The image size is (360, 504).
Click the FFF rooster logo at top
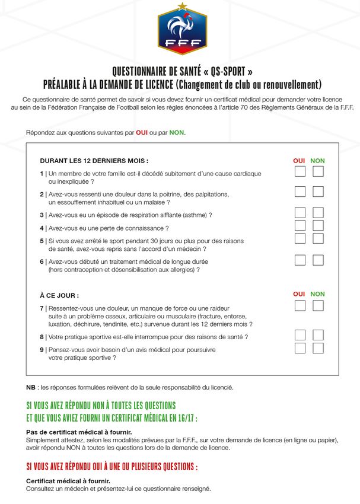(182, 29)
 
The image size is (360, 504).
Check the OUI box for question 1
(300, 171)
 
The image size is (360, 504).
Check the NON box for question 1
(318, 171)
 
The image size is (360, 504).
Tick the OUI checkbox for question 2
(300, 192)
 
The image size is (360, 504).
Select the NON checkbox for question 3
(318, 213)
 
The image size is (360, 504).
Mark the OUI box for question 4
(300, 225)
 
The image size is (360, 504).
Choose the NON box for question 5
(318, 238)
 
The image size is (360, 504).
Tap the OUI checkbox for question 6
(300, 260)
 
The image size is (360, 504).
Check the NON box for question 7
(318, 306)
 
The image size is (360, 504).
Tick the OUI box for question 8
(300, 335)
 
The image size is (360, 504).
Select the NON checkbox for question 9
(318, 348)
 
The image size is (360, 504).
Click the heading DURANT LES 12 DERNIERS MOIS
(94, 161)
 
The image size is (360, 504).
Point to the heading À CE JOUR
(59, 295)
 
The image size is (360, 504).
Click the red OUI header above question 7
(299, 294)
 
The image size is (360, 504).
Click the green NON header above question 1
(318, 161)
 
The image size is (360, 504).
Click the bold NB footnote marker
(31, 387)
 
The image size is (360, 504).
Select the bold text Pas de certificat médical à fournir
(79, 432)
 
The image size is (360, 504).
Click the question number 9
(42, 350)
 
